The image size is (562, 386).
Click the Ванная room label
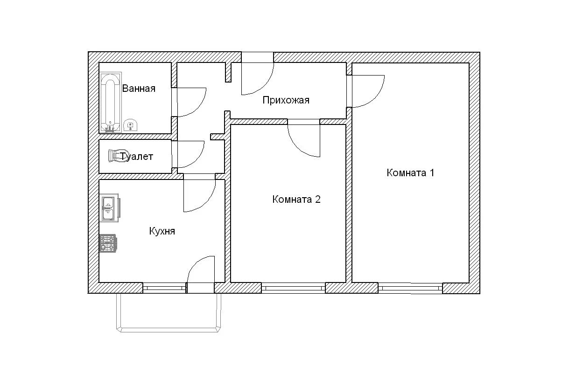[x=139, y=89]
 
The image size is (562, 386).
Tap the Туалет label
[x=137, y=157]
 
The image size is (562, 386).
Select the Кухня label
[x=162, y=231]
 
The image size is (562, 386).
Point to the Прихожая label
[x=286, y=100]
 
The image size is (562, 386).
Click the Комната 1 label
[x=410, y=172]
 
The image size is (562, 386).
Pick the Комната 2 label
[x=296, y=200]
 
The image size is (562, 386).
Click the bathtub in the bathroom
[x=111, y=102]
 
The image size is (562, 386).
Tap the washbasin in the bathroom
[x=131, y=125]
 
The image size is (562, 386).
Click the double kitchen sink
[x=110, y=208]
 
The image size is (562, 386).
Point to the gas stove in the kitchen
[x=108, y=243]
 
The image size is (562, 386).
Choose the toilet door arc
[x=198, y=160]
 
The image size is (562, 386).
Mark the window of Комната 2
[x=294, y=288]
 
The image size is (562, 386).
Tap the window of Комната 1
[x=410, y=288]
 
